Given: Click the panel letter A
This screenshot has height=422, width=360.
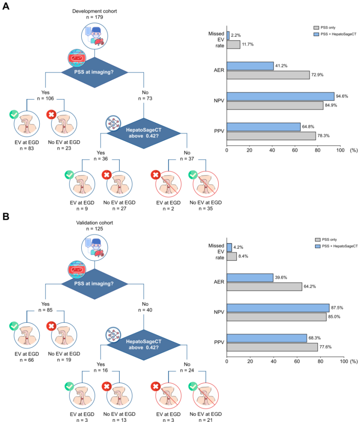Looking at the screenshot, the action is pos(6,6).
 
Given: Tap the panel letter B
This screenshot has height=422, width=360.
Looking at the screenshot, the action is pos(6,216).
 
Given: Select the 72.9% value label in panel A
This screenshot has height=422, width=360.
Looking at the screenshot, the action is pos(317,75).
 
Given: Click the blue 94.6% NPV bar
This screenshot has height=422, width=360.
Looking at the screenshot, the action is pos(280,96).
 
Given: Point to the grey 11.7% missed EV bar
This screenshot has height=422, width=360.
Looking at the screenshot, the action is pos(233,44).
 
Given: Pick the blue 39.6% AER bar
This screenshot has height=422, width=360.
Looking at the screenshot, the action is pos(250,277).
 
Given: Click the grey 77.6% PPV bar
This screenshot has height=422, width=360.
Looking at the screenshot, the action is pos(272,347).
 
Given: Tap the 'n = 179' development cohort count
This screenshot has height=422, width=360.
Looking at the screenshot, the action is pos(94,17).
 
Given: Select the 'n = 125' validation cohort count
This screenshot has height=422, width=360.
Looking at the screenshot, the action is pos(94,229).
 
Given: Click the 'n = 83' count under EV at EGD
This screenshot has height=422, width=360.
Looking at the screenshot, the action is pos(27,148).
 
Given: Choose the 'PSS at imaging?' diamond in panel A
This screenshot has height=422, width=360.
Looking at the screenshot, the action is pos(94,72).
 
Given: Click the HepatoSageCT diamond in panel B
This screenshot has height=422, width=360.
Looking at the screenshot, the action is pos(144,344).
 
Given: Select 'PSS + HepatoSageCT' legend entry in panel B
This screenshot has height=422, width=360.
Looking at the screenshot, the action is pos(336,246).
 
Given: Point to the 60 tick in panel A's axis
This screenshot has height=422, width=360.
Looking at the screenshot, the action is pos(295,150).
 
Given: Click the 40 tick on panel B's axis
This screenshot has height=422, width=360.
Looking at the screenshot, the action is pos(273,361).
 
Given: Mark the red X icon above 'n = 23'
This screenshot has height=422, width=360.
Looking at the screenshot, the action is pos(51,114).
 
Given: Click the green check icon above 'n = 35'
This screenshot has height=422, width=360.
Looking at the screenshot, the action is pos(193,175).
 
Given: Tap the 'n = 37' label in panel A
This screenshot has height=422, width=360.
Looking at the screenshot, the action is pos(187,159).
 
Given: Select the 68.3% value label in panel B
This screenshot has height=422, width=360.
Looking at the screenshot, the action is pos(315,338).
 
